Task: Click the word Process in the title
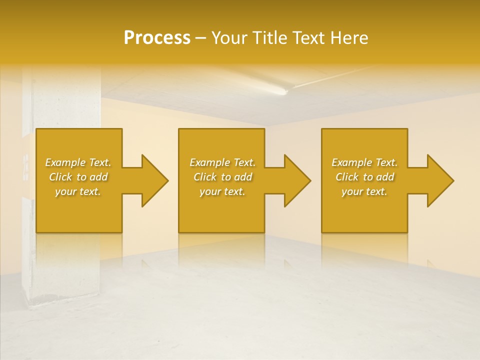[x=157, y=38]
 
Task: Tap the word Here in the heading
[x=348, y=38]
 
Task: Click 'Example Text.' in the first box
[x=78, y=162]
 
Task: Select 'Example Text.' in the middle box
[x=222, y=162]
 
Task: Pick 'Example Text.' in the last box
[x=364, y=162]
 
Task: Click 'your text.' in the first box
[x=78, y=191]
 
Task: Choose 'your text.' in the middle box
[x=222, y=191]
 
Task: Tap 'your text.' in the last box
[x=364, y=191]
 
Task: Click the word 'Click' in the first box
[x=60, y=177]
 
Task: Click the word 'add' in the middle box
[x=242, y=177]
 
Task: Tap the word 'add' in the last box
[x=384, y=177]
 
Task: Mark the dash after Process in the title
[x=201, y=38]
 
